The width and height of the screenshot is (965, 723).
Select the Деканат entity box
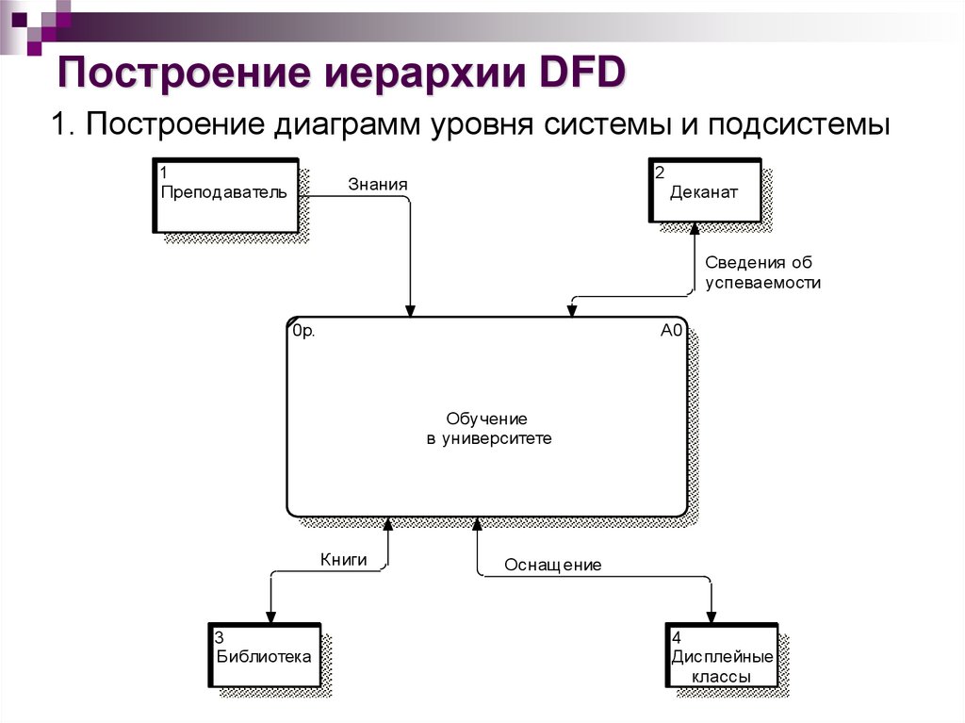(705, 192)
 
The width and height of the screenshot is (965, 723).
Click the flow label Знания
(377, 184)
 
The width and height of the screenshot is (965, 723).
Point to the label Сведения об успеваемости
(762, 272)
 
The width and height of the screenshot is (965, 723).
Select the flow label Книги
(343, 558)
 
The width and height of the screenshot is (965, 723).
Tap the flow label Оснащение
(552, 565)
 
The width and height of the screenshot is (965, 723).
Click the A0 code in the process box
(671, 331)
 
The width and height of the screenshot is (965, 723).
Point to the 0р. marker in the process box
(303, 332)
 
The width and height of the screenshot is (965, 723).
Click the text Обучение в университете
(486, 428)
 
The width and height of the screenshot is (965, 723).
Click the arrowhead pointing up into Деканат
(694, 229)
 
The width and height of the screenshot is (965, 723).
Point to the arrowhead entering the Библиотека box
(270, 616)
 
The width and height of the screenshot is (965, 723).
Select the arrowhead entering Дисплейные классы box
(711, 616)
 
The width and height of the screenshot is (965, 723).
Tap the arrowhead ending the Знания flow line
(410, 310)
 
